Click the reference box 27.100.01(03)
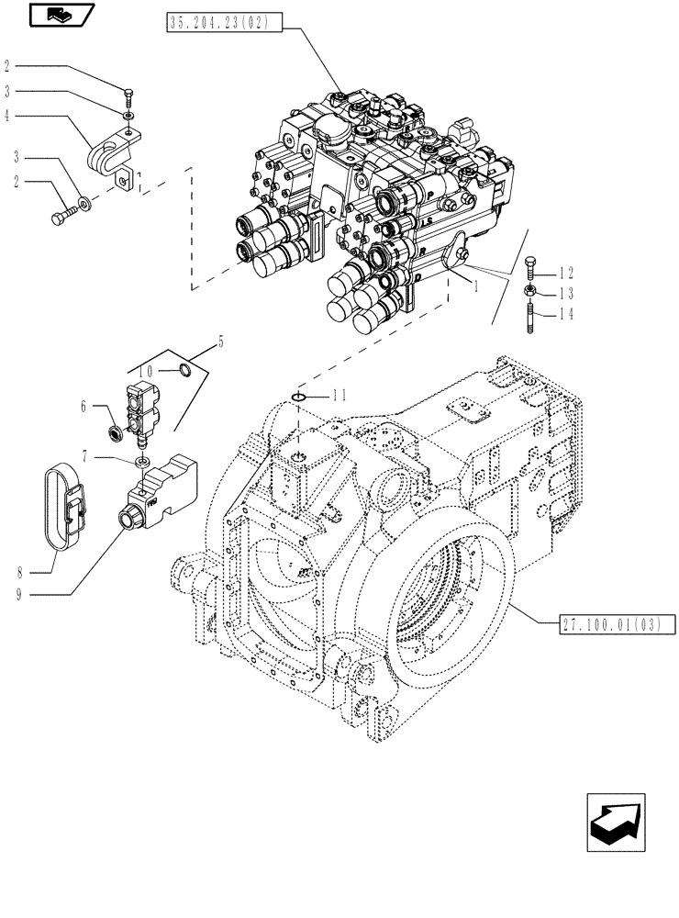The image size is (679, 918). (617, 625)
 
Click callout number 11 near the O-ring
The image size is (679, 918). (339, 396)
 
